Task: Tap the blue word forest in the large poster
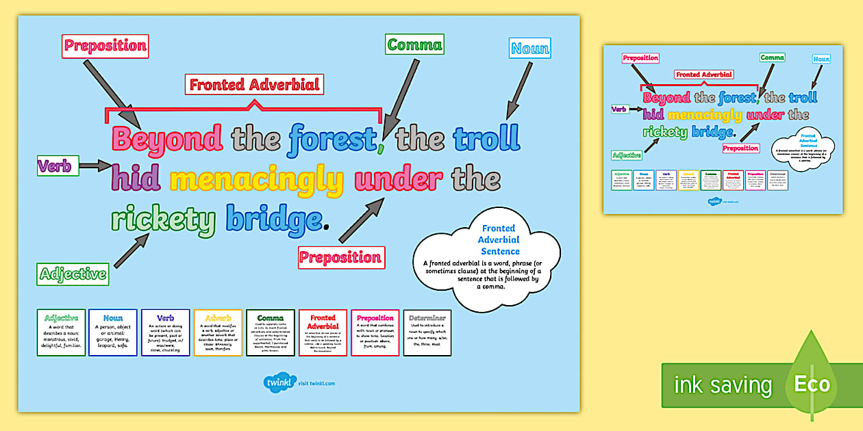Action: (332, 139)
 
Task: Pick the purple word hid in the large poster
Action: (136, 179)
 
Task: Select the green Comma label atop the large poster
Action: (414, 45)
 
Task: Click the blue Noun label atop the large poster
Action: (530, 48)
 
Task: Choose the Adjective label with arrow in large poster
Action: (73, 274)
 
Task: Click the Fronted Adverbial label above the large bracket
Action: (254, 85)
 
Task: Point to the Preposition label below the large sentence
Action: (341, 257)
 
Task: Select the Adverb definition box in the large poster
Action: (218, 332)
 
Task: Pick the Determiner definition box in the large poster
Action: (427, 332)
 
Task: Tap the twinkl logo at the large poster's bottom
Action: (279, 382)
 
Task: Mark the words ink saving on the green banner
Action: (723, 385)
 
